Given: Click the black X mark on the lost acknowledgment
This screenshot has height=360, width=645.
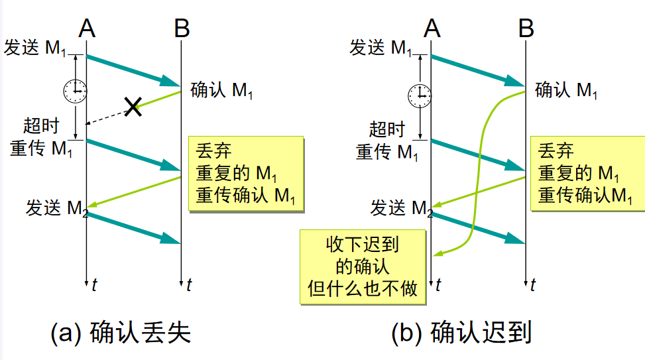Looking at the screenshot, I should point(133,107).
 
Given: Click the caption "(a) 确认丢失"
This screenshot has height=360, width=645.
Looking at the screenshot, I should point(121,332).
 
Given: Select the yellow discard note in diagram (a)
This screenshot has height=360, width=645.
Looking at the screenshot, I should point(245,173).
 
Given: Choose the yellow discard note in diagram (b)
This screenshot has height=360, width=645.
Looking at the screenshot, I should point(587,173).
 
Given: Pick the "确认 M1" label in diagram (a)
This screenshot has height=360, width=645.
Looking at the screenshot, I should point(221,90).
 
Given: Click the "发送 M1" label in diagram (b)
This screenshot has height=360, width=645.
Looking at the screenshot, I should point(384,48).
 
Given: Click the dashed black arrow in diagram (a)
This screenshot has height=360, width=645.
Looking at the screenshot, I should point(106,118).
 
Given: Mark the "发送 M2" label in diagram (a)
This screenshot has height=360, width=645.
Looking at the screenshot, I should point(56,208).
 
